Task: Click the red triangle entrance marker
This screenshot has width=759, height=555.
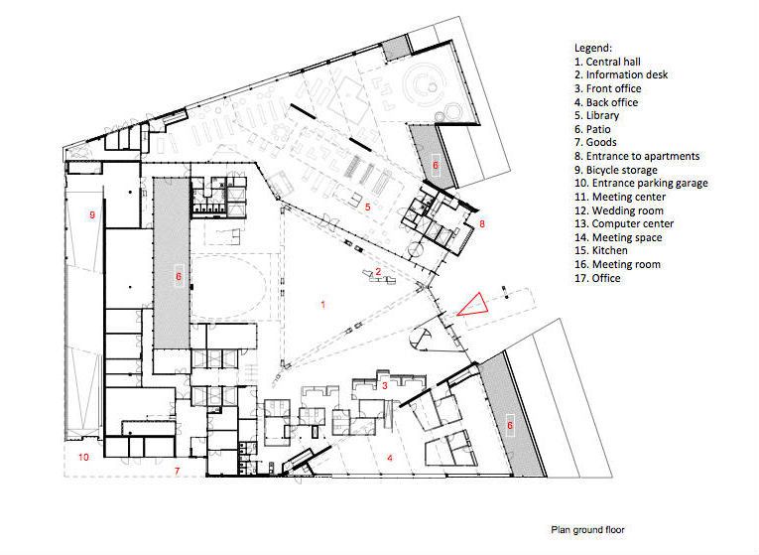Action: pos(473,306)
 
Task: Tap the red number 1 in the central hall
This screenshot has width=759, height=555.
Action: pos(322,305)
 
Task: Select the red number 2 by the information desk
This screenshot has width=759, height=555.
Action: pos(379,272)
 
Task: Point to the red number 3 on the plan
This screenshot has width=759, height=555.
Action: pos(385,385)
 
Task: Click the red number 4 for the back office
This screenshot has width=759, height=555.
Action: pos(390,457)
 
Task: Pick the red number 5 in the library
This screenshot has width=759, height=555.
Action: pos(367,207)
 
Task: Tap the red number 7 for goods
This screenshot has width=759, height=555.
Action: pos(178,471)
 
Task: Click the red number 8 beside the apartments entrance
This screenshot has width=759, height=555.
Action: pos(481,223)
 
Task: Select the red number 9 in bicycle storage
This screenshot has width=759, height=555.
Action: pos(92,214)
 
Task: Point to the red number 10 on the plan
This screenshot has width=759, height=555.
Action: pos(83,457)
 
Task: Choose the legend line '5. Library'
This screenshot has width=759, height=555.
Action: pos(597,115)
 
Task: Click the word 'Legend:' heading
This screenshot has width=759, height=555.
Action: pos(593,48)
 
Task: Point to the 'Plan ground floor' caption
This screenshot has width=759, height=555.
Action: pos(587,530)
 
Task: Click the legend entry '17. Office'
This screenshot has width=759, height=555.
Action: pos(597,278)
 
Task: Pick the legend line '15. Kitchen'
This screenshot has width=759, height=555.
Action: pos(601,250)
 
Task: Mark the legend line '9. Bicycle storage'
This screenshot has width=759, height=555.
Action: pos(616,170)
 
